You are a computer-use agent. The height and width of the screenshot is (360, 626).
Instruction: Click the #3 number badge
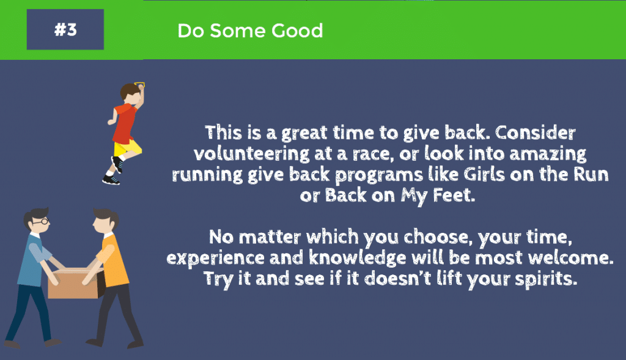pyautogui.click(x=65, y=30)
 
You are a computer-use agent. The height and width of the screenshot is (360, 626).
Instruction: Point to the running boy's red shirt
pyautogui.click(x=124, y=123)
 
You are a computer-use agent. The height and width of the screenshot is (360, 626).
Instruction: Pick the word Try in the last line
pyautogui.click(x=216, y=280)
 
